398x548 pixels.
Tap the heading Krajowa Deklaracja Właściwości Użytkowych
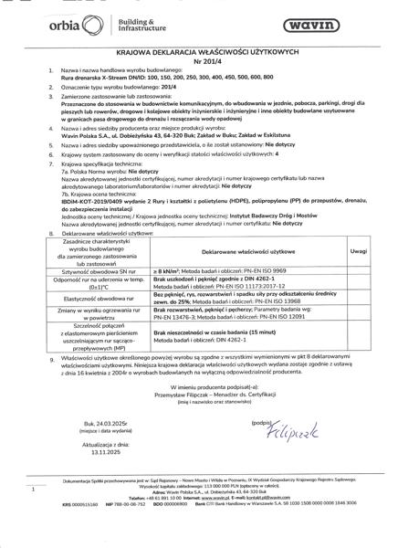coord(198,54)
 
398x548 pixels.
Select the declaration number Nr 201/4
coord(198,65)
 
